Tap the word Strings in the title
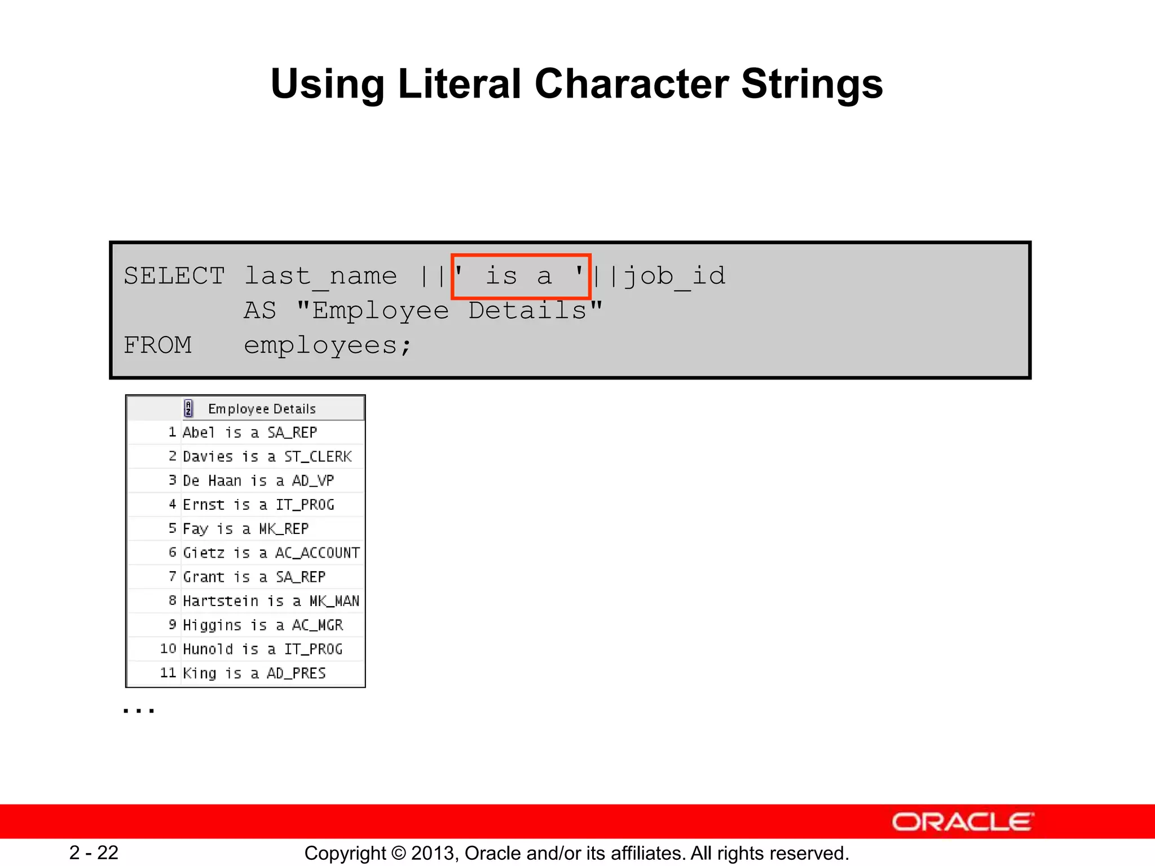pyautogui.click(x=812, y=85)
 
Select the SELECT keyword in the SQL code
pyautogui.click(x=174, y=276)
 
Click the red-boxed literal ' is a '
pyautogui.click(x=521, y=276)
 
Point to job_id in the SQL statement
pyautogui.click(x=675, y=276)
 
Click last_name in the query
pyautogui.click(x=320, y=276)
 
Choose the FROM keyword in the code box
pyautogui.click(x=157, y=345)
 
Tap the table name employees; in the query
pyautogui.click(x=328, y=345)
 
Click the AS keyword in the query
pyautogui.click(x=260, y=311)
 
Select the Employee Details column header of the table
pyautogui.click(x=262, y=409)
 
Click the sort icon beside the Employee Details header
pyautogui.click(x=189, y=408)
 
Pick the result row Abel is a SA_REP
pyautogui.click(x=250, y=432)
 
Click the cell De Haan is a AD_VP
pyautogui.click(x=258, y=480)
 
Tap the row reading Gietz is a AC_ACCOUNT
pyautogui.click(x=271, y=553)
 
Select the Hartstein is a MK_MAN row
pyautogui.click(x=271, y=601)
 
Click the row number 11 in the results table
pyautogui.click(x=168, y=673)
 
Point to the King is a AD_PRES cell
pyautogui.click(x=254, y=673)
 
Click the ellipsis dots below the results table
pyautogui.click(x=139, y=710)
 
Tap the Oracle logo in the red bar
pyautogui.click(x=963, y=822)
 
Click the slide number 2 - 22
pyautogui.click(x=94, y=852)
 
